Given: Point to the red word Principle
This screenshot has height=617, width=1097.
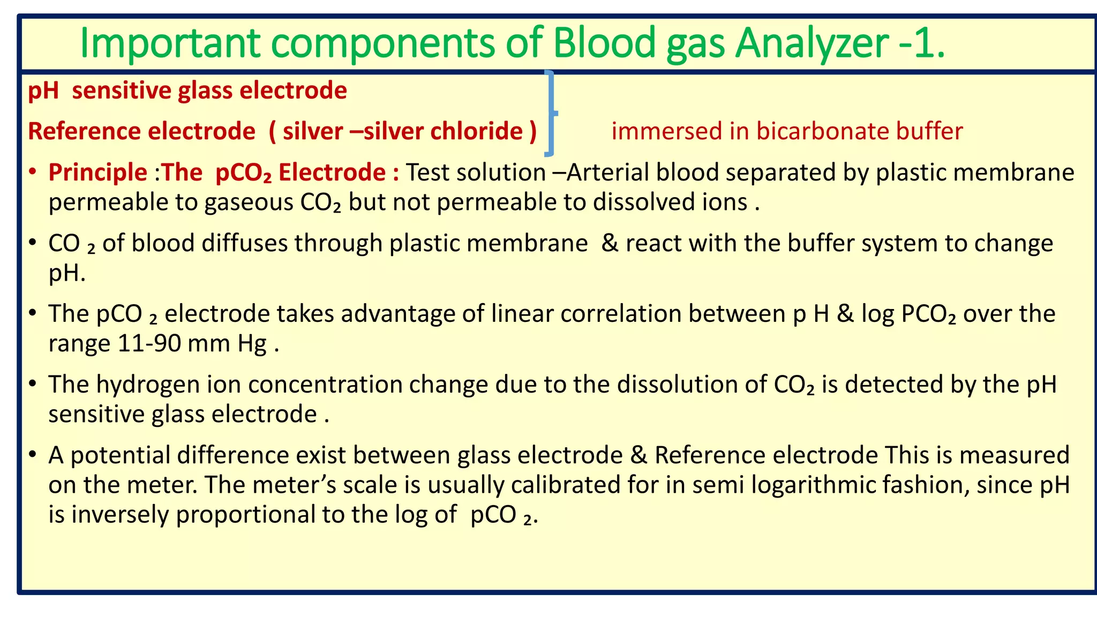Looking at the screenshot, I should pyautogui.click(x=97, y=172).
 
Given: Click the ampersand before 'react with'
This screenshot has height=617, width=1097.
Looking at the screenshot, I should pyautogui.click(x=610, y=243).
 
